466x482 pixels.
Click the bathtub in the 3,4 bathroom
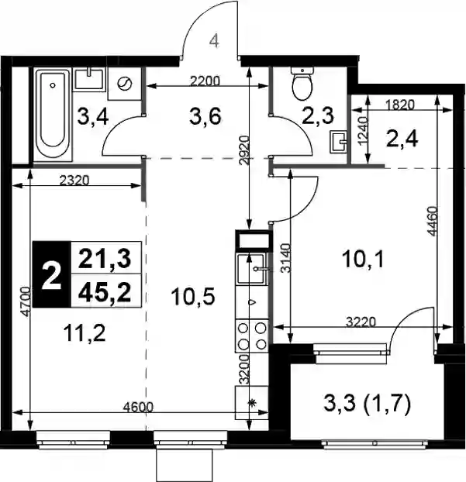[53, 115]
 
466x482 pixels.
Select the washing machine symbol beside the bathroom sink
[125, 83]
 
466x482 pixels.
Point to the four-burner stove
[252, 336]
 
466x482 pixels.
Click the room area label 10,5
[193, 298]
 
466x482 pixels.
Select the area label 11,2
[85, 334]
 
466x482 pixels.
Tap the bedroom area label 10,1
[363, 260]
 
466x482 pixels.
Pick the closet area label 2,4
[402, 139]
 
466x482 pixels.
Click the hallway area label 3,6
[205, 117]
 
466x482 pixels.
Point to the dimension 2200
[205, 81]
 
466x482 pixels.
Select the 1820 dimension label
[400, 105]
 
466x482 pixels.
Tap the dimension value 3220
[361, 322]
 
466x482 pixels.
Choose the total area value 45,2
[105, 292]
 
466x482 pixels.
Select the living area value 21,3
[105, 259]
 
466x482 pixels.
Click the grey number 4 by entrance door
[214, 41]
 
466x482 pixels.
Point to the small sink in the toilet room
[338, 142]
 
